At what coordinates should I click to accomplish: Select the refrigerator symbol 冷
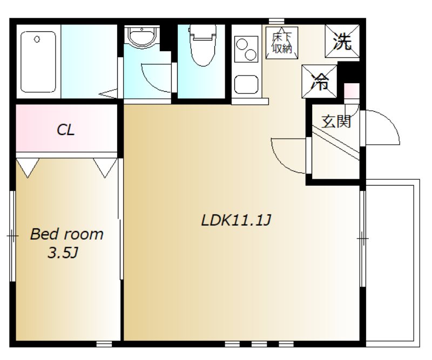320,81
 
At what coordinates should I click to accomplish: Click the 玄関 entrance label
336,121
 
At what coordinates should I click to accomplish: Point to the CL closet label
66,130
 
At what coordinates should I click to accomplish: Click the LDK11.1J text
236,220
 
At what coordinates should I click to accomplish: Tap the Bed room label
66,234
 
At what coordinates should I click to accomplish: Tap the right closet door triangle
105,167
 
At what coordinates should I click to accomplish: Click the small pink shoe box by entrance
351,91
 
